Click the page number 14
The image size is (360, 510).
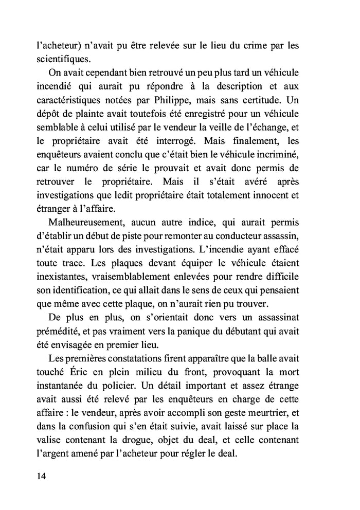pyautogui.click(x=42, y=476)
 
